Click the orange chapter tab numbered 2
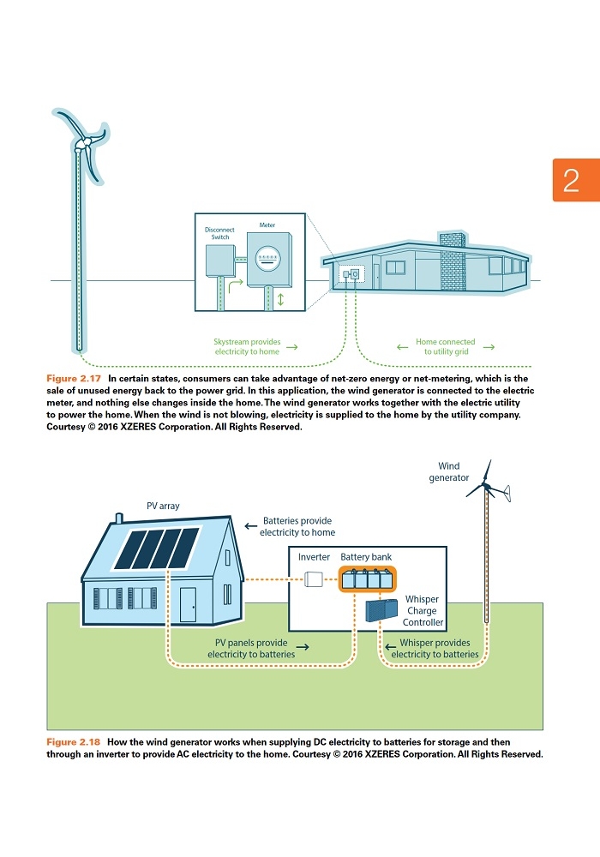coord(576,180)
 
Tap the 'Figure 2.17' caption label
coord(74,378)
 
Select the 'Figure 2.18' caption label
coord(73,741)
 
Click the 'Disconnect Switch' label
coord(219,233)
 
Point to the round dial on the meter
coord(267,258)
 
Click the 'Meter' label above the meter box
coord(267,225)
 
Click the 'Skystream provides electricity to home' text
coord(247,346)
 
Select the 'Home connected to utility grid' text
coord(446,346)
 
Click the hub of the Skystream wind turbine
coord(84,144)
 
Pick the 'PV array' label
coord(163,506)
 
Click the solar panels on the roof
coord(156,548)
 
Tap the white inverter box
coord(313,578)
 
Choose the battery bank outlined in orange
coord(367,578)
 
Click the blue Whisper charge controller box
coord(381,610)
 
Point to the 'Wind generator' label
coord(448,471)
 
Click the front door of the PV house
coord(188,604)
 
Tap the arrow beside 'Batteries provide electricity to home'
coord(251,526)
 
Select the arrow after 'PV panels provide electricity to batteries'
coord(303,647)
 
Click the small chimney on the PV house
coord(119,518)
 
